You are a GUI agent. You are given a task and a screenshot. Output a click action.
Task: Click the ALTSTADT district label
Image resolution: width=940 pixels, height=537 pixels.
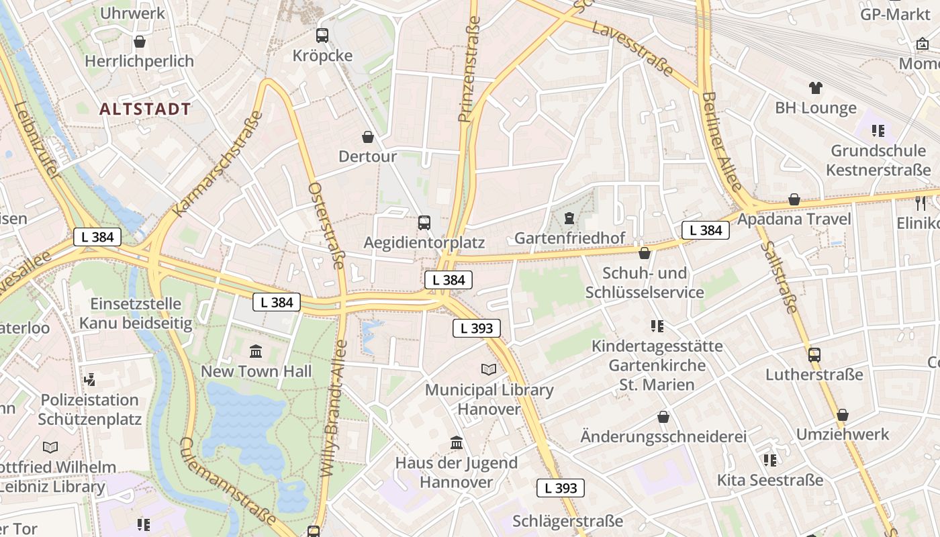(x=145, y=109)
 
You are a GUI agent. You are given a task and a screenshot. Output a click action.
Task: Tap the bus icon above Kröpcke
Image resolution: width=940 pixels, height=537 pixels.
(x=322, y=35)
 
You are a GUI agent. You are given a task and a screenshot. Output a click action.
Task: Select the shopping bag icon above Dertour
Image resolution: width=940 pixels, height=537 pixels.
(x=368, y=137)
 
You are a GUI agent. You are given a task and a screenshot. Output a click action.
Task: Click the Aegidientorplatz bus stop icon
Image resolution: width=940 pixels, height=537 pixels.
(x=424, y=222)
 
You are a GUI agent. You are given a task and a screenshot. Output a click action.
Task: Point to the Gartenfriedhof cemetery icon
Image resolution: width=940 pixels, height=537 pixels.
(x=569, y=218)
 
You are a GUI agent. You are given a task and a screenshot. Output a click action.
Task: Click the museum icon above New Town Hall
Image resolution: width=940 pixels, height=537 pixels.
(x=256, y=351)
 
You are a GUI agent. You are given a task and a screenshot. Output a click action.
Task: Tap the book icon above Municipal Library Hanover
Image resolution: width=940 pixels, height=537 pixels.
(x=489, y=369)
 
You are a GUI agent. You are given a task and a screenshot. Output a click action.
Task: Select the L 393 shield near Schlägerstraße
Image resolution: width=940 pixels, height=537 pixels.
(x=560, y=488)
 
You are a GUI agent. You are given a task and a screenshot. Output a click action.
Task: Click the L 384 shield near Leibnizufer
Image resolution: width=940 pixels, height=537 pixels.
(x=97, y=236)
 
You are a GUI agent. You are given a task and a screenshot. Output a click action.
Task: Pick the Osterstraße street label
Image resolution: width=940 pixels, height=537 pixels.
(x=326, y=225)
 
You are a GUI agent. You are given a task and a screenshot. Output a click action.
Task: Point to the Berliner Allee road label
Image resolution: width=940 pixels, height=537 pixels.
(x=721, y=141)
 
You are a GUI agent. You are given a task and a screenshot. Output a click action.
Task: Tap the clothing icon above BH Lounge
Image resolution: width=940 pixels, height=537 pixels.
(x=815, y=87)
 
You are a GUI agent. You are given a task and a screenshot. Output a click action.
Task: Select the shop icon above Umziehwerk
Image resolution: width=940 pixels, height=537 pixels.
(x=842, y=414)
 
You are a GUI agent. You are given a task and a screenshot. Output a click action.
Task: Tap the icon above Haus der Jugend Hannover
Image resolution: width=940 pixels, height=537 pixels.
(x=457, y=442)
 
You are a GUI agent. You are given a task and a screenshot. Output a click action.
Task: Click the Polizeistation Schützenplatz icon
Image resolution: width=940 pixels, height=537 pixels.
(x=89, y=380)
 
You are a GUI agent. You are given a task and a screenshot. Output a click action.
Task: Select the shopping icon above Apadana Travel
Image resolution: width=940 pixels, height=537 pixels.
(x=794, y=199)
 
